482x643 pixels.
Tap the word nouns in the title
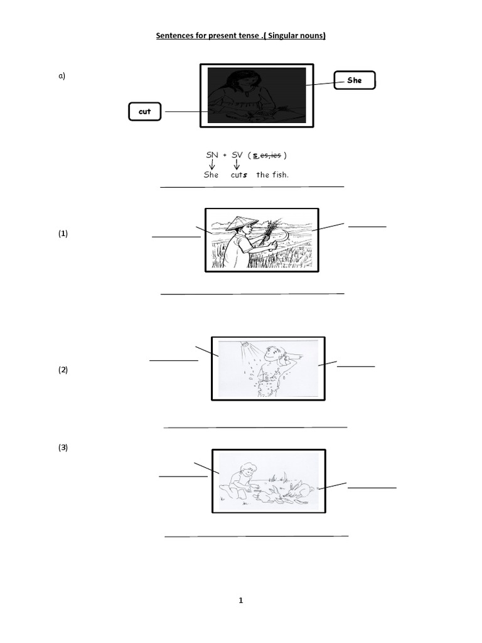click(x=312, y=36)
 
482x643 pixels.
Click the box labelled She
click(x=355, y=80)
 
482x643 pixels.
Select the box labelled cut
click(x=145, y=112)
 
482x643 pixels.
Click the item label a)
click(x=62, y=75)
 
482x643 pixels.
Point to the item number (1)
click(x=63, y=234)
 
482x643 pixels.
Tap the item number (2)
click(x=63, y=369)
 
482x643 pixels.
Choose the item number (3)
click(x=63, y=447)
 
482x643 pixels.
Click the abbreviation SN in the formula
click(x=212, y=155)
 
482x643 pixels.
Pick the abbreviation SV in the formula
click(x=237, y=155)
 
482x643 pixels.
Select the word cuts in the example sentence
click(x=239, y=175)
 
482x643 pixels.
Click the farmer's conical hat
click(x=236, y=223)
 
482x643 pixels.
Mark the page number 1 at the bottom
click(x=240, y=600)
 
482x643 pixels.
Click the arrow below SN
click(x=212, y=165)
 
